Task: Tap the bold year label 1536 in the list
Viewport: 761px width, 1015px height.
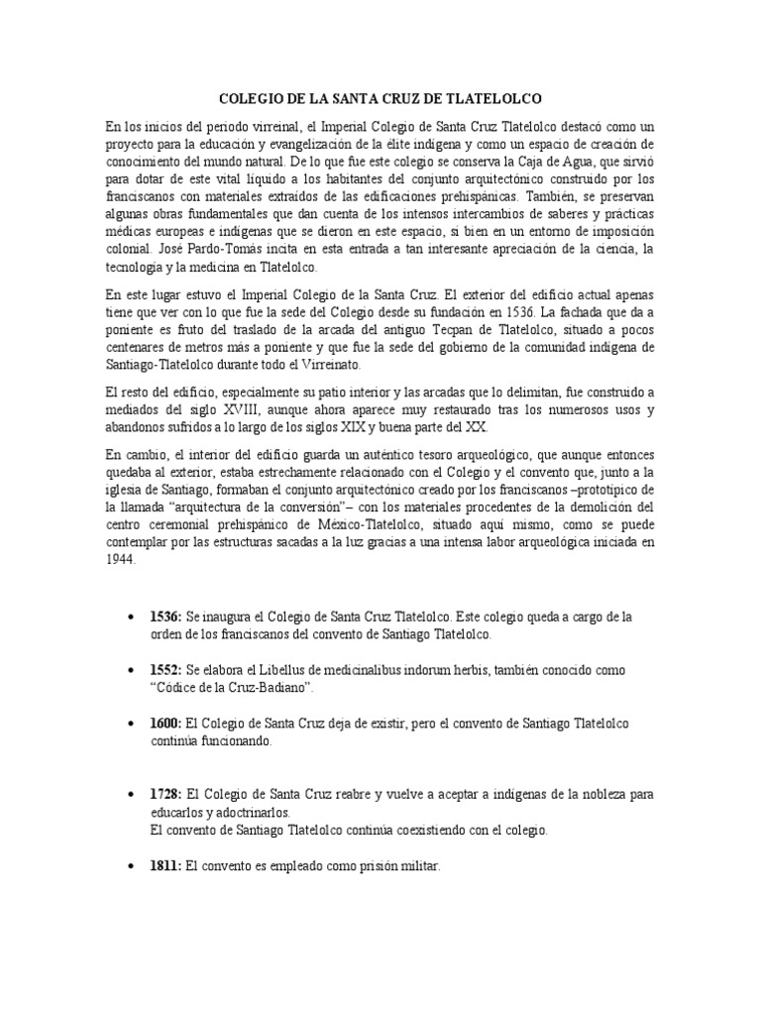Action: pos(164,617)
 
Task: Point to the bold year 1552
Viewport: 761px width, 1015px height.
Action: pos(164,671)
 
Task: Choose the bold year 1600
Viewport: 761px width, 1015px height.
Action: pos(164,725)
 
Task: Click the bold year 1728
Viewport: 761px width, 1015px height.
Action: pos(164,795)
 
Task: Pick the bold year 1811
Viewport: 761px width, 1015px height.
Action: pos(164,866)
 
